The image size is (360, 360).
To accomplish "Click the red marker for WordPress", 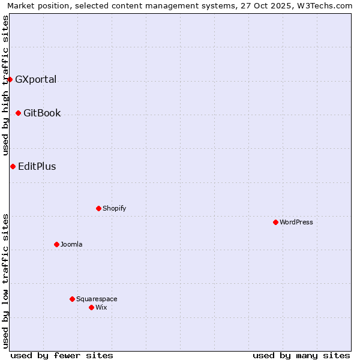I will (275, 222).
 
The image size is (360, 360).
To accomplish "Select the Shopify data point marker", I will (98, 208).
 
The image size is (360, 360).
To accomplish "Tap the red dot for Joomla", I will (56, 244).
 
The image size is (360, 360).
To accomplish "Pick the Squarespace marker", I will (72, 299).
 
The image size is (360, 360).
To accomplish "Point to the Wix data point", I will (91, 307).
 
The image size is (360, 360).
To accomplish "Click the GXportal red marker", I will (10, 79).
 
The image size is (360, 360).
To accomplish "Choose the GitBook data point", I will (18, 113).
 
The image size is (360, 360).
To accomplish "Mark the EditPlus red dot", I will (13, 166).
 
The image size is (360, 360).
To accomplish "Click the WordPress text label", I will (296, 222).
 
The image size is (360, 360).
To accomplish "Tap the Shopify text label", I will (114, 208).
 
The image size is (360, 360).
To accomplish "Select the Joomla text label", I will (71, 244).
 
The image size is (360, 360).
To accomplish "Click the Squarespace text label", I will (97, 299).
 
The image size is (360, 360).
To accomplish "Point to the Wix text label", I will (101, 307).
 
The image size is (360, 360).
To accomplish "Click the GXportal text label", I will (36, 79).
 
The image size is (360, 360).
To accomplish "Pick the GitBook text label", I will (42, 113).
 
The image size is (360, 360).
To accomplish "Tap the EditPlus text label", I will (37, 166).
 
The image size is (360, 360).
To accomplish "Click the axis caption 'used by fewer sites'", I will (62, 355).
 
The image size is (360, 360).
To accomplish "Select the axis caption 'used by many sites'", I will (301, 355).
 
